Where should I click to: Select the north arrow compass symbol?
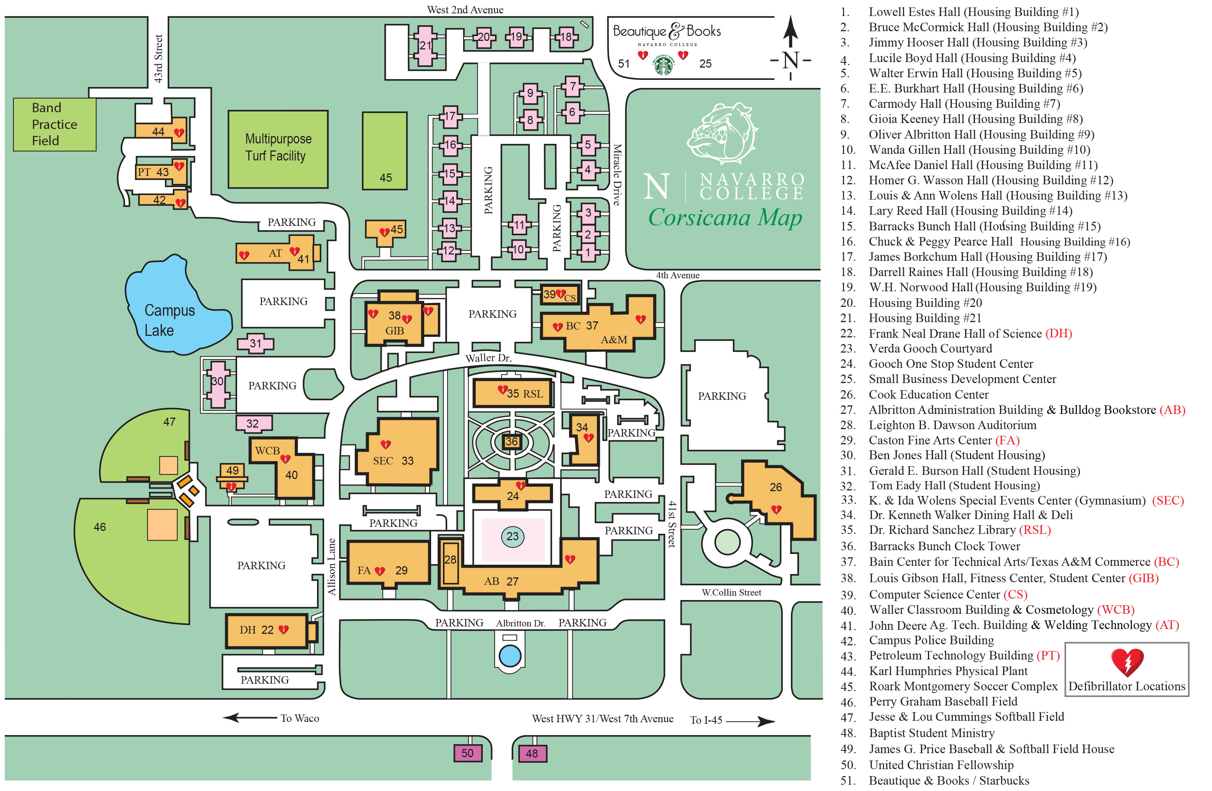click(791, 48)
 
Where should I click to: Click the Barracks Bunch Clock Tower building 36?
click(512, 441)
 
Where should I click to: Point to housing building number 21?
click(425, 46)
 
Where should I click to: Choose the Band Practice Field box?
click(55, 124)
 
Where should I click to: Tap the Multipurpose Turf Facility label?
click(278, 147)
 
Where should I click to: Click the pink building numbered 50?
click(468, 753)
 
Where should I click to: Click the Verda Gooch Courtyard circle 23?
click(512, 536)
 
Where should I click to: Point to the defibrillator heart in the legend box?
click(1127, 662)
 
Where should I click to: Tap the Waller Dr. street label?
click(488, 358)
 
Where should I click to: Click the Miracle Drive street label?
click(616, 175)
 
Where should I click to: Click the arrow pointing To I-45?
click(751, 721)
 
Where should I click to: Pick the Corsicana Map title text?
click(725, 217)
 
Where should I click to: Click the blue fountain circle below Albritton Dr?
click(510, 656)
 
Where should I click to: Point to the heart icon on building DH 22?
click(284, 630)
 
